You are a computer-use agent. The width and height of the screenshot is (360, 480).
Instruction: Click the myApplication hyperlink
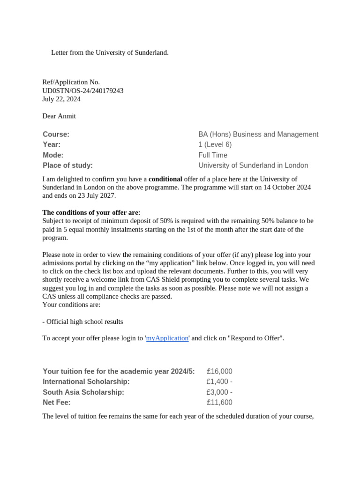(167, 338)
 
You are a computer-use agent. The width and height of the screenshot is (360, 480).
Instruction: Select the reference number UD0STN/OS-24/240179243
(83, 90)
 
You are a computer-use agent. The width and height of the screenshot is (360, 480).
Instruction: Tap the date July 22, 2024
(61, 99)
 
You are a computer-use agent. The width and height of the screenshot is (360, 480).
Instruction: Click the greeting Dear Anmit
(59, 116)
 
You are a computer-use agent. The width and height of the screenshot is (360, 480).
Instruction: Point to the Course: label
(56, 135)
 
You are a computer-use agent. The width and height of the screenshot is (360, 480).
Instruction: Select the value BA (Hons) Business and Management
(258, 135)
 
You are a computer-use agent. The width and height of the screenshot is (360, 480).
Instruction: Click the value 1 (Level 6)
(215, 145)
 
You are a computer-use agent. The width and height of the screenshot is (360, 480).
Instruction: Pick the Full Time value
(213, 155)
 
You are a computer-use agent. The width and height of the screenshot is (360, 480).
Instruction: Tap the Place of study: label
(67, 165)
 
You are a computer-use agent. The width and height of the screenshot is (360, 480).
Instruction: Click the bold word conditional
(165, 179)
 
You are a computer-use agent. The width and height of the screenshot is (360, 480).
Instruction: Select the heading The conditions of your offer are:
(91, 212)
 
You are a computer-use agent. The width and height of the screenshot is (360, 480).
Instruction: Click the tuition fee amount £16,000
(219, 371)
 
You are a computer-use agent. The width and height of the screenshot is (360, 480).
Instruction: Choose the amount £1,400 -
(219, 382)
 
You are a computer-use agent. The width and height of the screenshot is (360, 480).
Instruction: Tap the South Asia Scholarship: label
(83, 392)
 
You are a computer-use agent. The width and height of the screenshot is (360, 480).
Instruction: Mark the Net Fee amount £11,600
(219, 402)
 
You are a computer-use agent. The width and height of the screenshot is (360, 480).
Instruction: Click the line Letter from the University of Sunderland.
(110, 52)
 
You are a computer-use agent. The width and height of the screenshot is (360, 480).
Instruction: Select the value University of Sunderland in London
(253, 165)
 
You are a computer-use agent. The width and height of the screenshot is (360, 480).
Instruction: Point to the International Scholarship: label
(86, 382)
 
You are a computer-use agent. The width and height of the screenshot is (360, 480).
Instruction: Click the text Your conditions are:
(71, 305)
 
